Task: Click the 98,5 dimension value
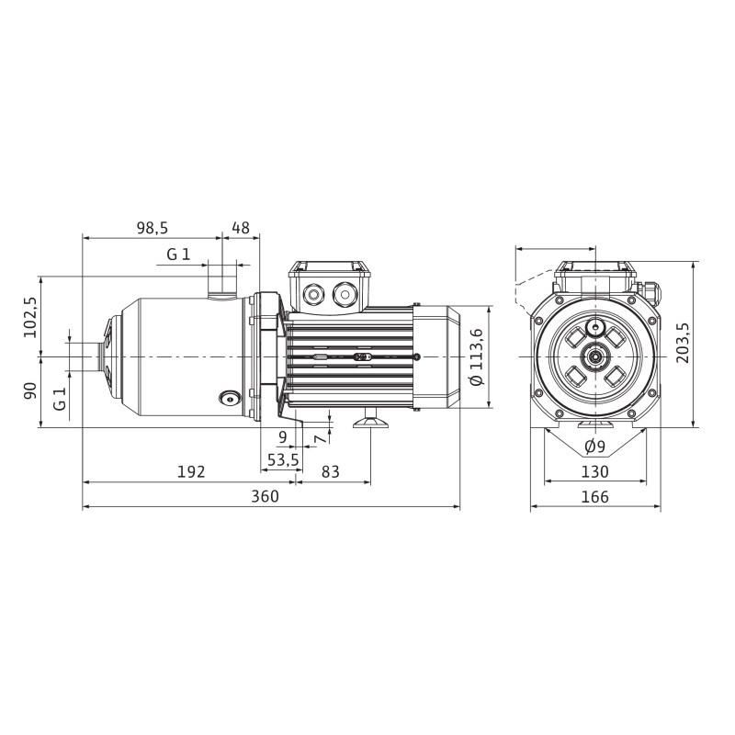pos(152,228)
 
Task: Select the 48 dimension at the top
pos(241,228)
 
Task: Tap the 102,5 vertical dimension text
pos(31,317)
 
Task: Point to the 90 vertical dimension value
pos(31,391)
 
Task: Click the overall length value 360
pos(265,496)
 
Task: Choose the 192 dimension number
pos(191,471)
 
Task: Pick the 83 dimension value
pos(330,471)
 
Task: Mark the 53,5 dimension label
pos(283,460)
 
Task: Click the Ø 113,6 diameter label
pos(476,357)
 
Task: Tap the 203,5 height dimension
pos(683,343)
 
